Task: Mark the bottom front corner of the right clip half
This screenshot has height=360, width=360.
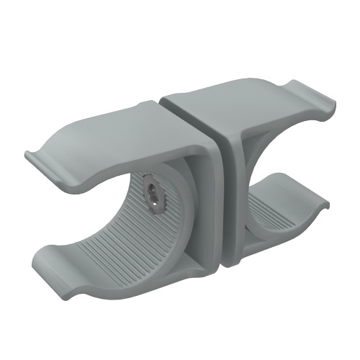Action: coord(230,265)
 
